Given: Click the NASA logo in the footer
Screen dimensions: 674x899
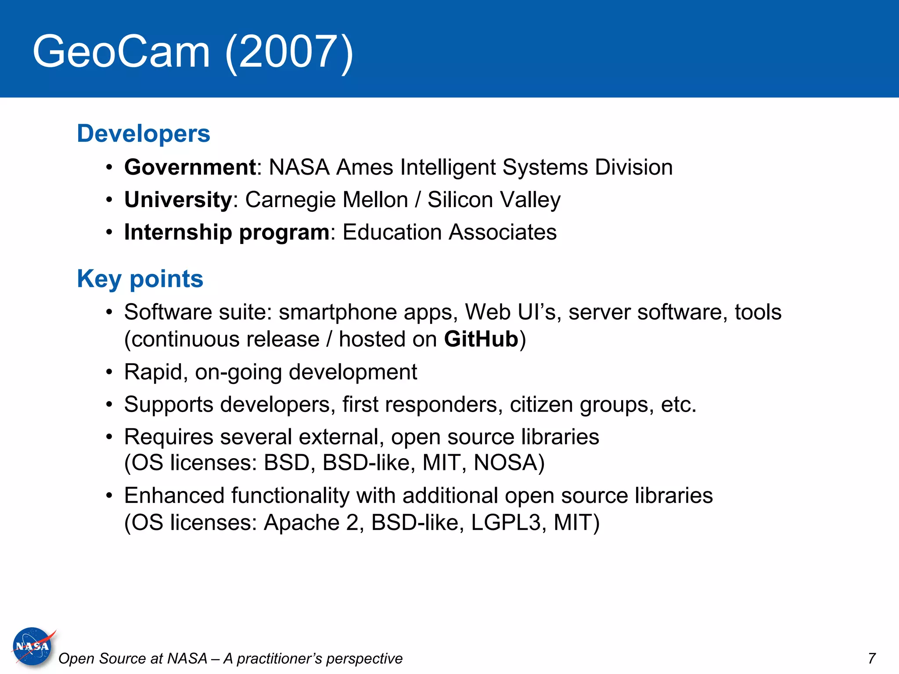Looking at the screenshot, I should coord(33,646).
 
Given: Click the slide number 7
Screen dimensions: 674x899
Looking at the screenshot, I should coord(871,658).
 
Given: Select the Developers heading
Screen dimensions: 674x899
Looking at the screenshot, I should coord(144,133).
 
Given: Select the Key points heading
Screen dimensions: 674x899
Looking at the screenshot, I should coord(140,279).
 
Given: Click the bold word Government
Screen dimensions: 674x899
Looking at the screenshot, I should coord(190,167).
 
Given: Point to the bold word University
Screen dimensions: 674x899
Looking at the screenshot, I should coord(178,200).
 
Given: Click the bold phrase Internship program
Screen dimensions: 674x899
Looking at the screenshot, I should coord(227,232).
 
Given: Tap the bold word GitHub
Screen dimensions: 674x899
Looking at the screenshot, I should coord(481,339).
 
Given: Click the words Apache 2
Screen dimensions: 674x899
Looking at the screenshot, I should coord(311,523).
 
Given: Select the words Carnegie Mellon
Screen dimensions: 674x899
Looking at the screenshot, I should coord(327,200).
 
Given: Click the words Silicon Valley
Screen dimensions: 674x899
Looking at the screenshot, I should coord(494,200).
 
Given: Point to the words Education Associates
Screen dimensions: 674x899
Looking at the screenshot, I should coord(449,232).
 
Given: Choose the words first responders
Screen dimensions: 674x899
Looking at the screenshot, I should coord(422,404).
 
